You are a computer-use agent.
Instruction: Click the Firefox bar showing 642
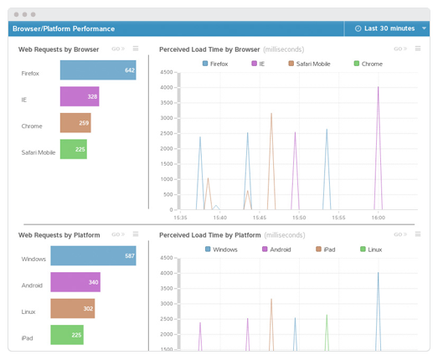point(97,70)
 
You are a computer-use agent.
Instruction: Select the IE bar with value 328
point(80,97)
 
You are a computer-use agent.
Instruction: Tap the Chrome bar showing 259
point(75,123)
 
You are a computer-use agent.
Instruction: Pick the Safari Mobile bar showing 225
point(73,150)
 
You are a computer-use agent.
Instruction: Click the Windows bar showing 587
point(93,256)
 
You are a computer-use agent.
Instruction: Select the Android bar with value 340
point(75,282)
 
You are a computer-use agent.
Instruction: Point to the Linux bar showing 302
point(73,309)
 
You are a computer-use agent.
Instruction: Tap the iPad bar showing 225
point(67,335)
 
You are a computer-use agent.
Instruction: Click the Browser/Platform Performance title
point(64,28)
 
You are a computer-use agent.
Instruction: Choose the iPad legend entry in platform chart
point(326,249)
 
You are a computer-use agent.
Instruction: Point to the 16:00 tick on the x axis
point(378,217)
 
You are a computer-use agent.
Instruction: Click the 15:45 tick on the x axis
point(260,217)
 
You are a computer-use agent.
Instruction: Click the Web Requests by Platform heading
point(59,235)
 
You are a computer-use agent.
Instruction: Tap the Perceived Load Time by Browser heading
point(209,49)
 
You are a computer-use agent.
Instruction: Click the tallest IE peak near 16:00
point(378,87)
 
